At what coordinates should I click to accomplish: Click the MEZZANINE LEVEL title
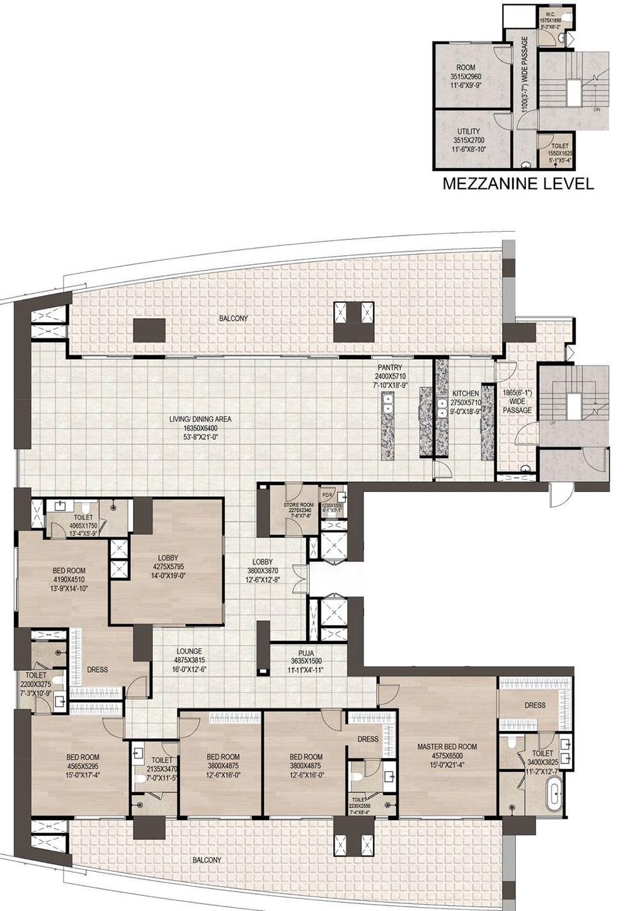(x=518, y=184)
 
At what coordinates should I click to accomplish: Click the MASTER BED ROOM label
(x=447, y=747)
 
